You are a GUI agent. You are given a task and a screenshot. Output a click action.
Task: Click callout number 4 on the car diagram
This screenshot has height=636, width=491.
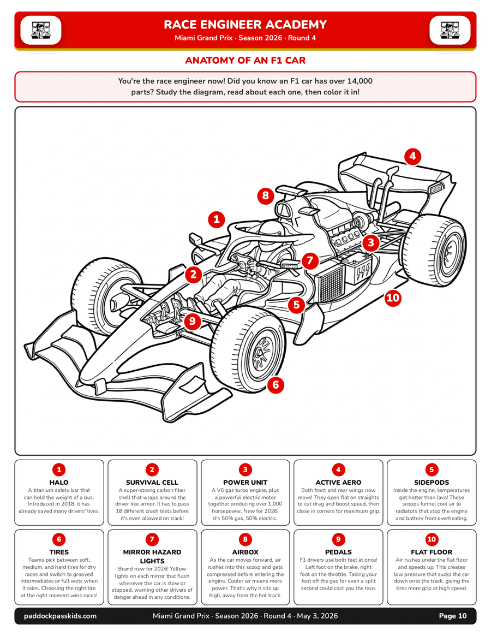(x=412, y=156)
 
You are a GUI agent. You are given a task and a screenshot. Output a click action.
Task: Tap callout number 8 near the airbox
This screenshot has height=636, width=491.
(x=265, y=196)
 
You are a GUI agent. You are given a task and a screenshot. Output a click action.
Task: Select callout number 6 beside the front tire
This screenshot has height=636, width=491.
(x=276, y=384)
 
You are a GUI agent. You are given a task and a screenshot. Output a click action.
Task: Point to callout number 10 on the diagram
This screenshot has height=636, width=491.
(x=393, y=298)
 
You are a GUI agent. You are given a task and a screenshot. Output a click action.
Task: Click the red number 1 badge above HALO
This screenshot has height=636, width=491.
(x=59, y=469)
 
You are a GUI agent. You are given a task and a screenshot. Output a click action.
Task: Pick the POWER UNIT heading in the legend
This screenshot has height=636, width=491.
(x=245, y=483)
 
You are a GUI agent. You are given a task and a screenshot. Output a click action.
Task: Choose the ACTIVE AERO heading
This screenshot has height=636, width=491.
(x=338, y=483)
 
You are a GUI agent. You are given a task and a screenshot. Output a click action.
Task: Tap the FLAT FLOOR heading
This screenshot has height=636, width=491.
(x=431, y=552)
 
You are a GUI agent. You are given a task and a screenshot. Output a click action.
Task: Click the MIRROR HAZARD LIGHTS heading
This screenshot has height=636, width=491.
(x=152, y=556)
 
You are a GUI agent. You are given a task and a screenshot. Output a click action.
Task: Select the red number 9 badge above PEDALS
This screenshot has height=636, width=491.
(x=338, y=539)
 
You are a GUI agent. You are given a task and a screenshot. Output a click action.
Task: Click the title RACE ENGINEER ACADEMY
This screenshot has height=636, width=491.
(x=245, y=25)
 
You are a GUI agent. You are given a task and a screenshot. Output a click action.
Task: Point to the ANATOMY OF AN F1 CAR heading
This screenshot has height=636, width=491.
(x=245, y=60)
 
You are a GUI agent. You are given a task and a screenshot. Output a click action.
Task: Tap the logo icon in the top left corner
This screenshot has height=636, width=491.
(x=41, y=29)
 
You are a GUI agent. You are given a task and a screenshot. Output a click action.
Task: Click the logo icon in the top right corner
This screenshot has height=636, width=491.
(x=450, y=29)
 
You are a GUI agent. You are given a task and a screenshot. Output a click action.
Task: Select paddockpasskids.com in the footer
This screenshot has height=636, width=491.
(x=61, y=616)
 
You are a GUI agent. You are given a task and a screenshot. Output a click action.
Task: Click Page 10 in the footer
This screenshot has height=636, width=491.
(x=453, y=616)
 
